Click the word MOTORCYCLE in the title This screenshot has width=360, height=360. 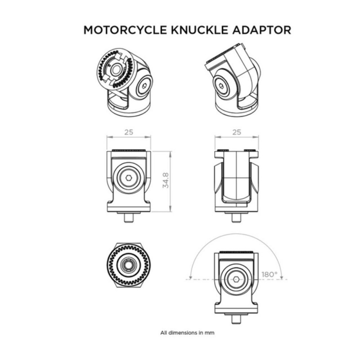125,30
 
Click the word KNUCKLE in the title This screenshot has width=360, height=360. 199,30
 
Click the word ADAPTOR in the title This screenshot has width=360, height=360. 262,30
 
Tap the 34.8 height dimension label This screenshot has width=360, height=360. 166,181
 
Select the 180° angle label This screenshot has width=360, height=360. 270,274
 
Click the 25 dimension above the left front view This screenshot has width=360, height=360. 129,132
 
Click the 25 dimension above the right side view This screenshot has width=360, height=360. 237,132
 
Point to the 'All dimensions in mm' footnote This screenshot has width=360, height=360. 187,333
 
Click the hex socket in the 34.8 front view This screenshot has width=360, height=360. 129,178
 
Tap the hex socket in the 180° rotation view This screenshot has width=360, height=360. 236,279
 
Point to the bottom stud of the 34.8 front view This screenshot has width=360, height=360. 129,218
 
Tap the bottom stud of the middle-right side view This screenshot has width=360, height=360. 236,218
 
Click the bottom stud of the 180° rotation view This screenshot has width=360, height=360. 236,319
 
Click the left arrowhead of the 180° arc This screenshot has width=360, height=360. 190,277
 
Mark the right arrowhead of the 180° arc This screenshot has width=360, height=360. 282,277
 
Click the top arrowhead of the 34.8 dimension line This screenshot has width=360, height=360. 170,153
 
